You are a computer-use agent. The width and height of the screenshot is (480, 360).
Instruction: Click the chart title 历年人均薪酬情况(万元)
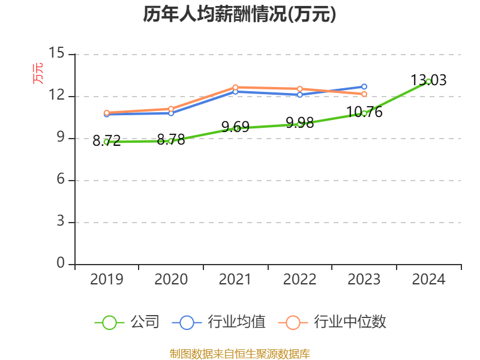[x=239, y=14]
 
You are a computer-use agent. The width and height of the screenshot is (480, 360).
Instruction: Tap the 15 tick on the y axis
[x=56, y=53]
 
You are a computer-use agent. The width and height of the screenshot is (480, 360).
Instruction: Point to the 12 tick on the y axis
[x=56, y=96]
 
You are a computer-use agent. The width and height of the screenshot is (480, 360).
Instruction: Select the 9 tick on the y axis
[x=60, y=138]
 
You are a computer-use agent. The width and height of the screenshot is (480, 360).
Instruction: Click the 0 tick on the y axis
[x=61, y=263]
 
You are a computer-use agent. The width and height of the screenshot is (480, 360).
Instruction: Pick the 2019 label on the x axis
[x=107, y=279]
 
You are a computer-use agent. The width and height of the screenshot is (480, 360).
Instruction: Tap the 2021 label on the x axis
[x=235, y=279]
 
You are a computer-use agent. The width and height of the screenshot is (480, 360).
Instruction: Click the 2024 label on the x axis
[x=428, y=279]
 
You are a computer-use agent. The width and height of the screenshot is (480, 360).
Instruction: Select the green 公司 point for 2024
[x=428, y=81]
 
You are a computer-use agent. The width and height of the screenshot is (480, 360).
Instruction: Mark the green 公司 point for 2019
[x=107, y=142]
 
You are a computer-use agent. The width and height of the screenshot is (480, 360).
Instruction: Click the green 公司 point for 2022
[x=300, y=124]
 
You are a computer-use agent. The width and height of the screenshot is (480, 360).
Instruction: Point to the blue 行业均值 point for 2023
[x=364, y=86]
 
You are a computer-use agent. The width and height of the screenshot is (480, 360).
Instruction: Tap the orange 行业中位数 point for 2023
[x=364, y=94]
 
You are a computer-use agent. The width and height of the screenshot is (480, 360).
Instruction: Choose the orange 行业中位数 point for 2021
[x=235, y=87]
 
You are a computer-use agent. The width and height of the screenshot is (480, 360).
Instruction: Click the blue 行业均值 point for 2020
[x=171, y=113]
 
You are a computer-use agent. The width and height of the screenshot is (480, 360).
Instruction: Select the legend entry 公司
[x=128, y=322]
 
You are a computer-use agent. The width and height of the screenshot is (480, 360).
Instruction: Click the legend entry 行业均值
[x=219, y=322]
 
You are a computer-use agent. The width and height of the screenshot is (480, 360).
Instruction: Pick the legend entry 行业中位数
[x=333, y=322]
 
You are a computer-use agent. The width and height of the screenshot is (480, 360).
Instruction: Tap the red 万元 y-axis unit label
[x=38, y=73]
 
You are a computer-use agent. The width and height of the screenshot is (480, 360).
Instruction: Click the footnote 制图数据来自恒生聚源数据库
[x=239, y=353]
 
